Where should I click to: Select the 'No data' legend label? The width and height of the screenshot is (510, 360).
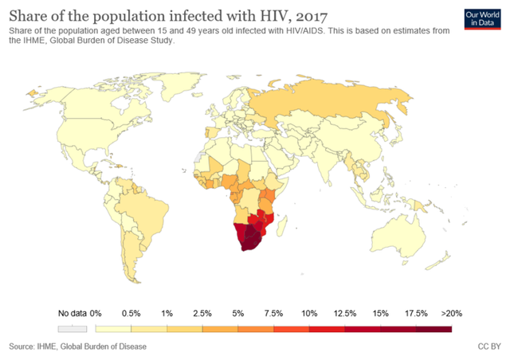point(71,313)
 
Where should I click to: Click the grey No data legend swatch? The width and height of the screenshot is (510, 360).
point(71,327)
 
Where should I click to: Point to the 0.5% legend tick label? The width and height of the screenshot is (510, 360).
point(131,313)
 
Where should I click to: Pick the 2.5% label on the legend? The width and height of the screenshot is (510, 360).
point(202,313)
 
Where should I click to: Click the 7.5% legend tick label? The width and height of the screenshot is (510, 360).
point(273,313)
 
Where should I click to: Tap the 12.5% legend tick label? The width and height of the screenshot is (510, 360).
point(344,313)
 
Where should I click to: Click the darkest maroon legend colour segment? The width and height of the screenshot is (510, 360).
point(433,327)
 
